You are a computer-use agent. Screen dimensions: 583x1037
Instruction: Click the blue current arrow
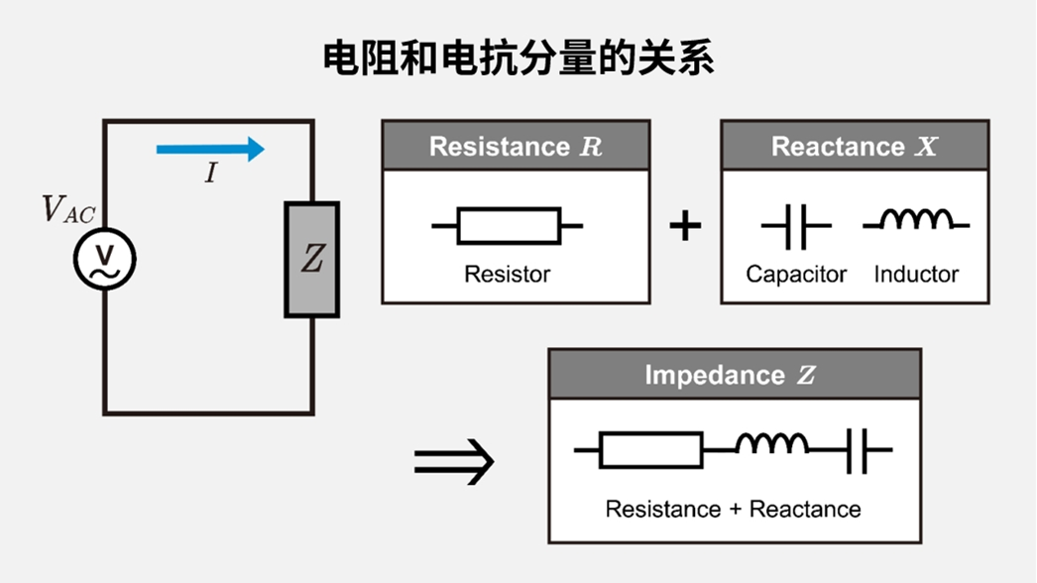point(210,150)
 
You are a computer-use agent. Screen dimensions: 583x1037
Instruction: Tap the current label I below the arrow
point(210,174)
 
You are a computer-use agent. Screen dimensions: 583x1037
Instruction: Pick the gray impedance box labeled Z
point(312,260)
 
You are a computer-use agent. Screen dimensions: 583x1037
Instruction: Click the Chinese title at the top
point(518,58)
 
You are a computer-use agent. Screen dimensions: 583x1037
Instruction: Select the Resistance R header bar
point(516,147)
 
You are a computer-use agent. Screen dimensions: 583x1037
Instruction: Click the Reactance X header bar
point(855,147)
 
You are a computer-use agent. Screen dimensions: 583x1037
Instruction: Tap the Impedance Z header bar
point(735,375)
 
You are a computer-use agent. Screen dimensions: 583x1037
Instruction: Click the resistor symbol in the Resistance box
point(508,226)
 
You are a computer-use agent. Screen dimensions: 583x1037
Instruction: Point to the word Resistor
point(507,274)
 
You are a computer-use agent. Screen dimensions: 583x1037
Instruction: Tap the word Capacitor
point(796,274)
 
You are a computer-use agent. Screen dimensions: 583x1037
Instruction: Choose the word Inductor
point(916,274)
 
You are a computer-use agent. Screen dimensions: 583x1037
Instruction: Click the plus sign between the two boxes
point(685,226)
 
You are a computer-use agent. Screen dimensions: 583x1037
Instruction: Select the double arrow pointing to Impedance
point(453,461)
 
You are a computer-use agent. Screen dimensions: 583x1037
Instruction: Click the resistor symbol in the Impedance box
point(651,450)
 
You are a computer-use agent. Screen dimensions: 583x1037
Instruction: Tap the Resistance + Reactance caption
point(733,510)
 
